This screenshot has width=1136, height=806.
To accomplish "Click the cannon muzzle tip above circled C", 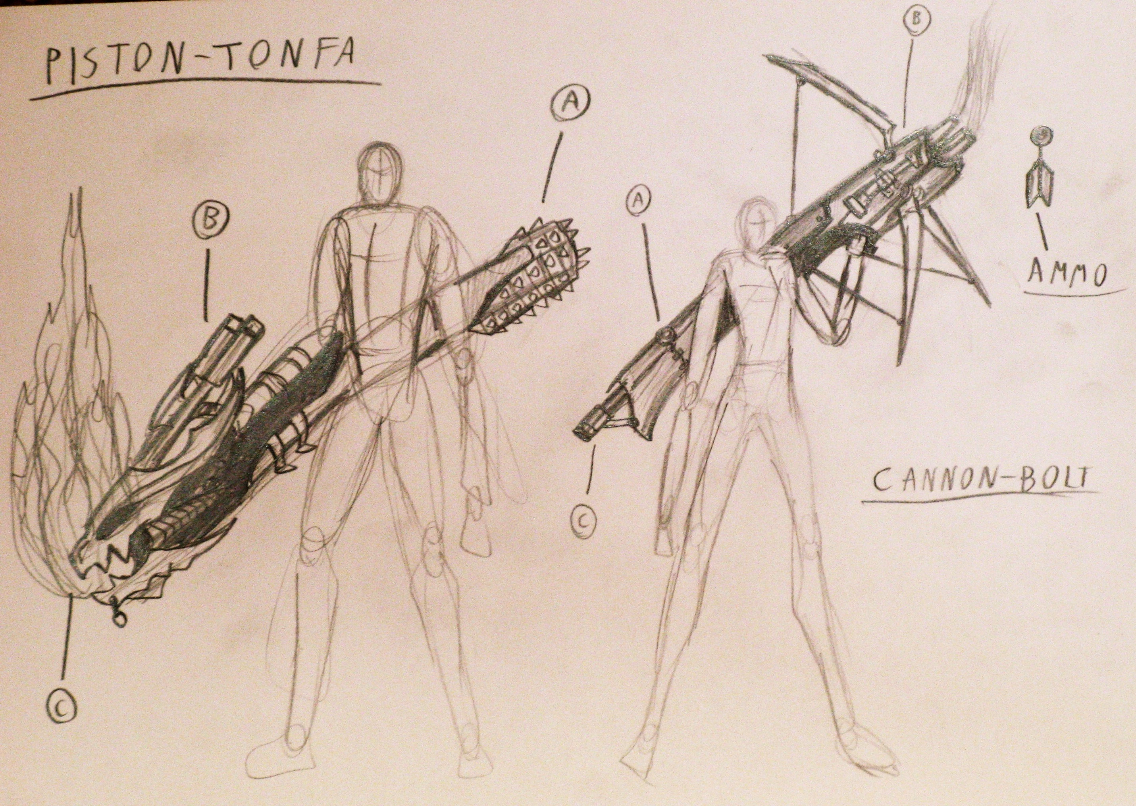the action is click(587, 432).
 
